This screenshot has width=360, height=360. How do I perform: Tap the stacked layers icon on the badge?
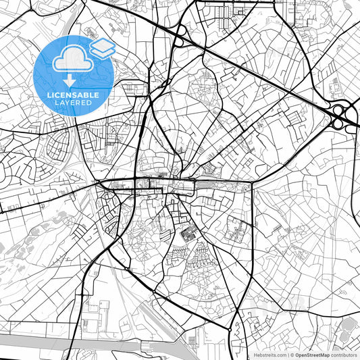point(103,47)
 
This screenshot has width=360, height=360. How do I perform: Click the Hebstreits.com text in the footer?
point(269,355)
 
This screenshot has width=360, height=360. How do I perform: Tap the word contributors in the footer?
point(344,355)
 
